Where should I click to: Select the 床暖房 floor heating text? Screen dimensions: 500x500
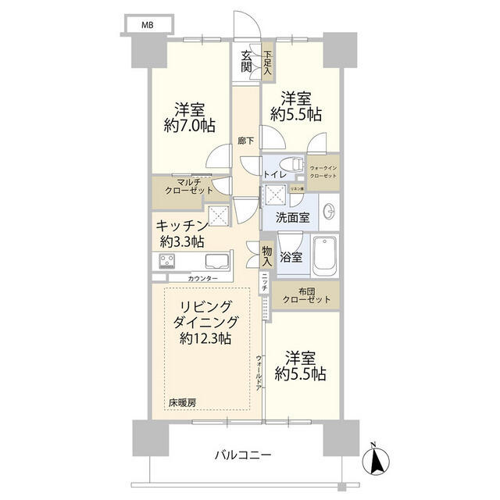(181, 403)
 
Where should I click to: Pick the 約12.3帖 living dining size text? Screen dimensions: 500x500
(204, 338)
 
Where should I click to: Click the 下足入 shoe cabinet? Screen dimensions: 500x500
(266, 62)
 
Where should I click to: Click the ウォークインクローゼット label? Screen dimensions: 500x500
(323, 173)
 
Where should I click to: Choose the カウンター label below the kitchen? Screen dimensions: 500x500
(202, 278)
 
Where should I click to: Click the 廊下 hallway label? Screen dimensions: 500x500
(245, 142)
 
